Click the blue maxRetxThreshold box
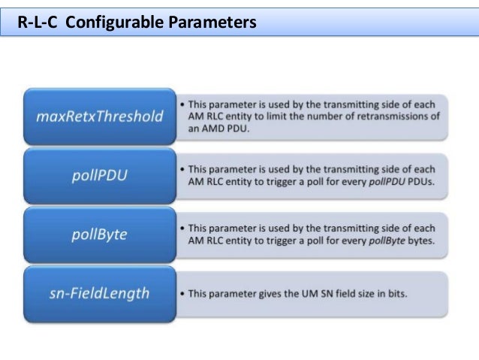(x=99, y=116)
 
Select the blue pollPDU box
(x=99, y=175)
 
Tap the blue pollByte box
(x=99, y=234)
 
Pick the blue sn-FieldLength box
(x=99, y=293)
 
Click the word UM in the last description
(x=299, y=293)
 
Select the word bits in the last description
(x=396, y=293)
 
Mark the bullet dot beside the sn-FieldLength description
(x=182, y=293)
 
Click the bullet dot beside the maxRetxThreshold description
(x=182, y=103)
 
